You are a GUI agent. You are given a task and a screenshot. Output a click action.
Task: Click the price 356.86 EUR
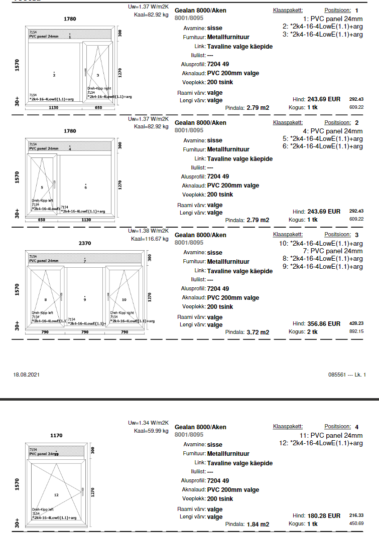click(x=323, y=324)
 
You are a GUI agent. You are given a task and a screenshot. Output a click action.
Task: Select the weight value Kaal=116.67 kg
click(x=150, y=239)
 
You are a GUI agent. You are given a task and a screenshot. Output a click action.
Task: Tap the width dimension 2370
click(x=85, y=243)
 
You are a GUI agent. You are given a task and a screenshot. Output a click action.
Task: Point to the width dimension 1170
click(x=56, y=436)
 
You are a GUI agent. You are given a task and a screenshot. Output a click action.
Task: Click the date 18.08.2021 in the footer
click(x=26, y=375)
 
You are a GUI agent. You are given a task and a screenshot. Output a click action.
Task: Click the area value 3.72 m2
click(x=258, y=332)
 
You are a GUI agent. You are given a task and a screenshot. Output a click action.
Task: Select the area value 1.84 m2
click(x=258, y=524)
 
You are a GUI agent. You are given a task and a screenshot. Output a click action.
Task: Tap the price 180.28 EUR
click(x=323, y=516)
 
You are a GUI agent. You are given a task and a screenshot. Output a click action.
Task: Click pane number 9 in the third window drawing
click(x=85, y=299)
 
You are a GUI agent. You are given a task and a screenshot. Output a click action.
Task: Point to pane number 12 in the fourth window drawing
click(x=56, y=495)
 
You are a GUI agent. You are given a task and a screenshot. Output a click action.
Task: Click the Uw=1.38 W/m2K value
click(x=148, y=231)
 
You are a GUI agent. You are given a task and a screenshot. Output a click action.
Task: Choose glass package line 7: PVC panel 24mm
click(x=333, y=251)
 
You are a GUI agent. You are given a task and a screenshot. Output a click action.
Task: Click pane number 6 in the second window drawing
click(x=85, y=187)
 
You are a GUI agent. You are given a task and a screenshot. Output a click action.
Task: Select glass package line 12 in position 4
click(x=320, y=443)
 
